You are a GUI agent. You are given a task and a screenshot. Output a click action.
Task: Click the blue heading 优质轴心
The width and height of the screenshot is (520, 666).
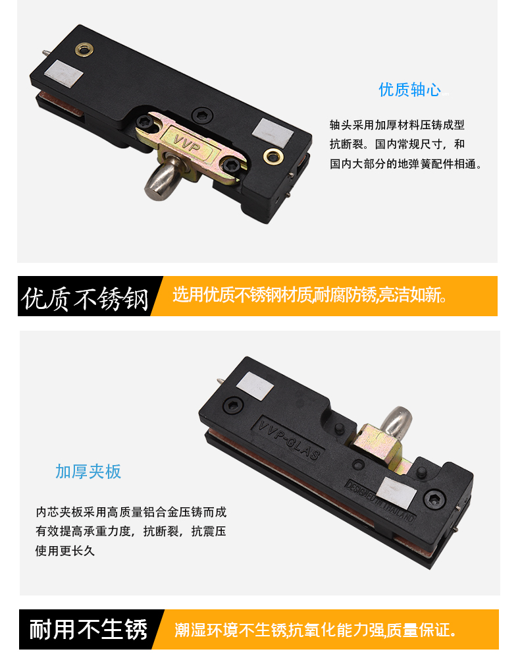(409, 90)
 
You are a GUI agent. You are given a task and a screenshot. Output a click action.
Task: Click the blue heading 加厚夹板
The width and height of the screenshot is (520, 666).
(88, 472)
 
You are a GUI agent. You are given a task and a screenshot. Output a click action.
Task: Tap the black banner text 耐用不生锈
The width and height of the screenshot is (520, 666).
(88, 630)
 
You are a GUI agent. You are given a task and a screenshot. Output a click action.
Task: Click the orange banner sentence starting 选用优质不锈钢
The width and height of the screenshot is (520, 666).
(310, 294)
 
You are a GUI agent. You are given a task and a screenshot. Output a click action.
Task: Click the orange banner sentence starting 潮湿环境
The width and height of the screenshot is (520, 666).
(316, 630)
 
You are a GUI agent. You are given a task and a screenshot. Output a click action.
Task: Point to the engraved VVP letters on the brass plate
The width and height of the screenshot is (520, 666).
(187, 145)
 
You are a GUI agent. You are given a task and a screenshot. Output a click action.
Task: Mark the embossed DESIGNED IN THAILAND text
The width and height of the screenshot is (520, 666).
(380, 501)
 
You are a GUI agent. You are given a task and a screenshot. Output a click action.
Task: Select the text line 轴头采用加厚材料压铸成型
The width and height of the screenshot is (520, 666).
(398, 125)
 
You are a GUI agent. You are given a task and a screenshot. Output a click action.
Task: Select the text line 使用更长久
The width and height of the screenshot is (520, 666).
(65, 551)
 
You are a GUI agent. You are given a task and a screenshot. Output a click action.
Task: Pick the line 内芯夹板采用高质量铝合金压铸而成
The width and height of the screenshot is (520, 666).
(131, 512)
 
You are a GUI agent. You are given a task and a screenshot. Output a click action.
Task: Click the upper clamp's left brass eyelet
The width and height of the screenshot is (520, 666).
(84, 49)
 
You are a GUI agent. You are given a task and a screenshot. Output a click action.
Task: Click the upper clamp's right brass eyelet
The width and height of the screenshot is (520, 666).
(273, 156)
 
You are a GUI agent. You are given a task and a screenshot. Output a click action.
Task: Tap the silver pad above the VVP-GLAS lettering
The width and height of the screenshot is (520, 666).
(255, 385)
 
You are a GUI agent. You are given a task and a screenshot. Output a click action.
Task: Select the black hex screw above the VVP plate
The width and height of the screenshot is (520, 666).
(202, 115)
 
